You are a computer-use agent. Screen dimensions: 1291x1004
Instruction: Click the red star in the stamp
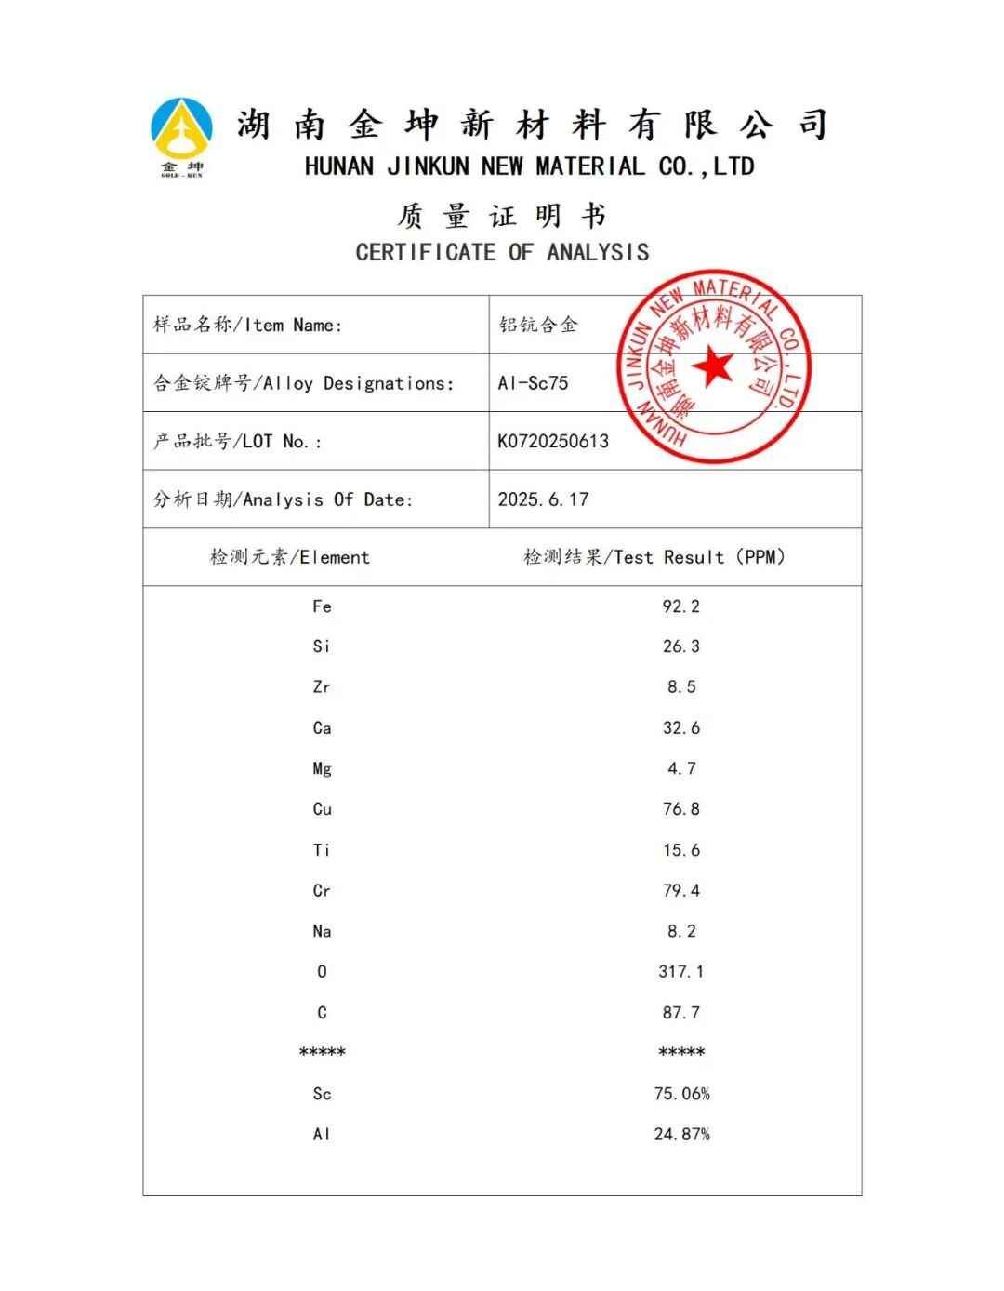(714, 366)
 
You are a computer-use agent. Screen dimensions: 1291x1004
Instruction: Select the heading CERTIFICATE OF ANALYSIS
(502, 252)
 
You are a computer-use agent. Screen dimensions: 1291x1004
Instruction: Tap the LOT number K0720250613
(553, 441)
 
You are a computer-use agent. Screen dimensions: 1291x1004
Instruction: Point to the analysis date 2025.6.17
(543, 499)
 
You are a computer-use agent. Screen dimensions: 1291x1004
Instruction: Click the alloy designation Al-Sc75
(533, 383)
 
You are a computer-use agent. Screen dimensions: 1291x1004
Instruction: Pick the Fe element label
(322, 606)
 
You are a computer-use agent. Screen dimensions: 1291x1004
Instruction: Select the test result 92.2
(680, 606)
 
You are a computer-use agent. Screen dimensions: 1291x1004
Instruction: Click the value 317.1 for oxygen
(680, 972)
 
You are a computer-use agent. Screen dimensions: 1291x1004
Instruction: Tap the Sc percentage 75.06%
(681, 1094)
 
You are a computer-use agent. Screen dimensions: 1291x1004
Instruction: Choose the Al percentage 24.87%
(681, 1135)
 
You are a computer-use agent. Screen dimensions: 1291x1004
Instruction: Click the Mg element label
(322, 769)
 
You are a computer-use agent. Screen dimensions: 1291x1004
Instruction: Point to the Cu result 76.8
(680, 809)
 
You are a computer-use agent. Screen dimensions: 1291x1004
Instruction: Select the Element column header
(290, 557)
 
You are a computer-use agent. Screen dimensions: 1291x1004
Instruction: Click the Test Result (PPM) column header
(654, 557)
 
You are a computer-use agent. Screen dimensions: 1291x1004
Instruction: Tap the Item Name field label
(247, 325)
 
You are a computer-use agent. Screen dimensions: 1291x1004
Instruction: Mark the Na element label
(322, 931)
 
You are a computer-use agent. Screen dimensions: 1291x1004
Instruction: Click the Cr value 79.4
(680, 891)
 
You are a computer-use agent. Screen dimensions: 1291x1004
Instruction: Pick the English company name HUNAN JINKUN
(529, 166)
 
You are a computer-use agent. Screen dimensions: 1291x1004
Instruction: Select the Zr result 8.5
(680, 687)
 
